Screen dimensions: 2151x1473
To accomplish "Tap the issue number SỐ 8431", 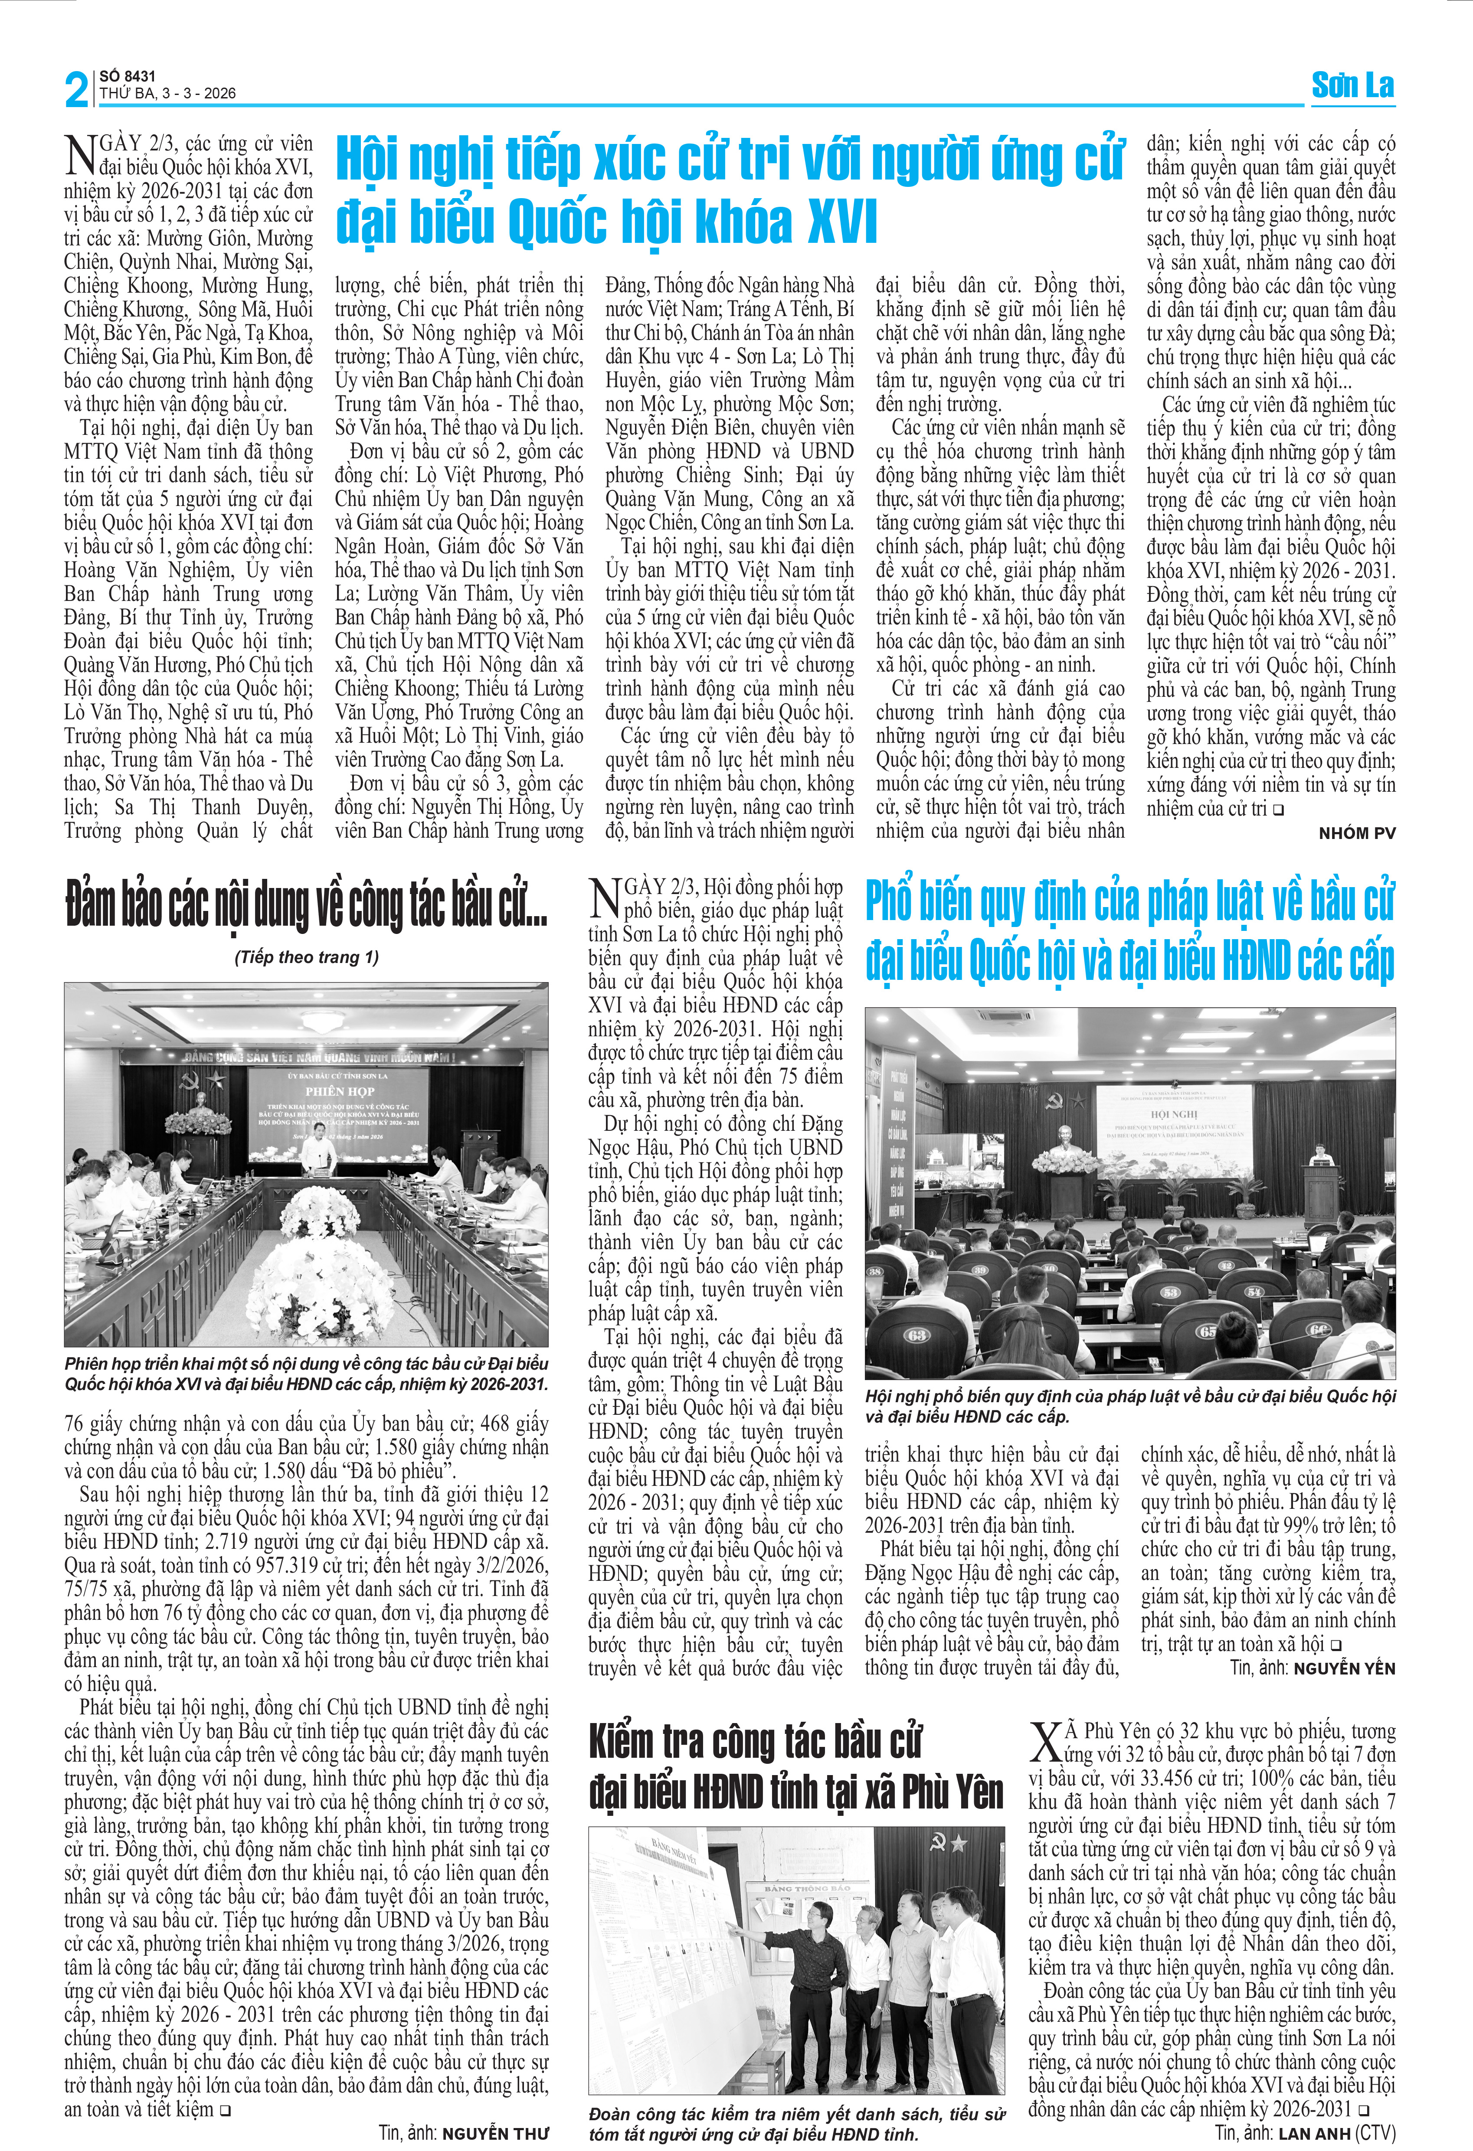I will click(128, 76).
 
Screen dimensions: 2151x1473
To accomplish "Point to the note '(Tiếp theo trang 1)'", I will click(307, 957).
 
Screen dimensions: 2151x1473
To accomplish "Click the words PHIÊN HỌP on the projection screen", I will click(340, 1091).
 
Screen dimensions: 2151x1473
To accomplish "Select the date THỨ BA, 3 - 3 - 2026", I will click(167, 94).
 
